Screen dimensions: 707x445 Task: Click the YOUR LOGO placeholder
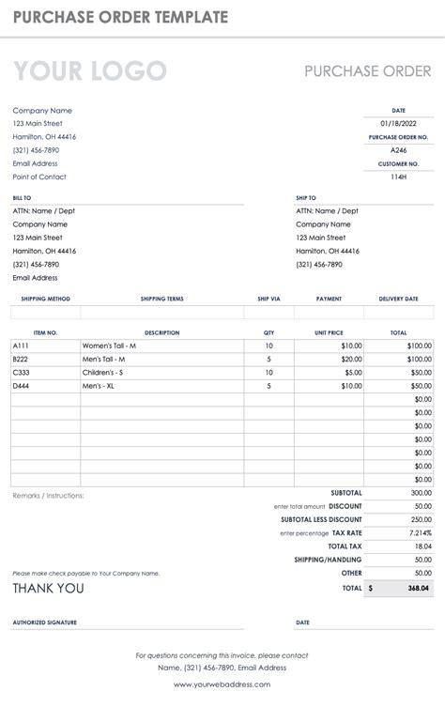[89, 71]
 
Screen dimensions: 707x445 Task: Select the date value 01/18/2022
[398, 124]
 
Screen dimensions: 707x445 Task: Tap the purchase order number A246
[398, 150]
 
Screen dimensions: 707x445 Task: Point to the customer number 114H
[398, 177]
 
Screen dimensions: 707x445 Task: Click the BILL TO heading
[22, 198]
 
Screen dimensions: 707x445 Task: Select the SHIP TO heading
[306, 198]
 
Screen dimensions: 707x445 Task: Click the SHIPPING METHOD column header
[45, 299]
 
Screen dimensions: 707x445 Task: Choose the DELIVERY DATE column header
[398, 299]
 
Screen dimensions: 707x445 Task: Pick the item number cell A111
[21, 346]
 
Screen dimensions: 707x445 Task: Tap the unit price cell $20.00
[350, 359]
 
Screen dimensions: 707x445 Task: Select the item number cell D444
[21, 385]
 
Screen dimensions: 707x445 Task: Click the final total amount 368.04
[419, 588]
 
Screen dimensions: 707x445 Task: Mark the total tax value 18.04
[422, 546]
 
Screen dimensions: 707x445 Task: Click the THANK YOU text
[48, 589]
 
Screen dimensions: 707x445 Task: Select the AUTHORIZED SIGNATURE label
[45, 622]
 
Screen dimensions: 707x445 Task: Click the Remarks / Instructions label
[48, 495]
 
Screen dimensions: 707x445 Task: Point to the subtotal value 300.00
[421, 492]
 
